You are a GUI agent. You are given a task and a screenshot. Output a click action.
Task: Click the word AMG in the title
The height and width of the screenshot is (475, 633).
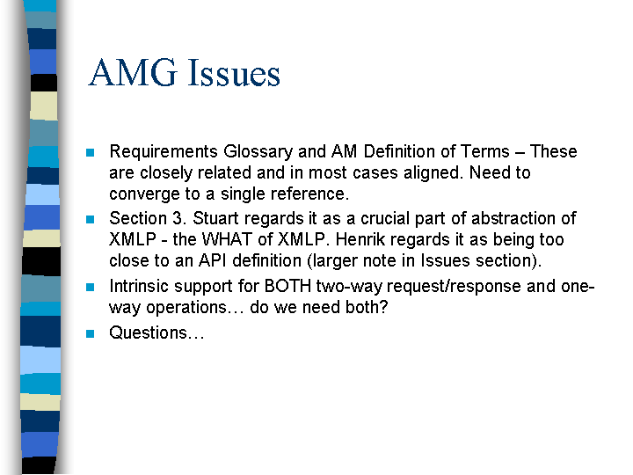(x=133, y=73)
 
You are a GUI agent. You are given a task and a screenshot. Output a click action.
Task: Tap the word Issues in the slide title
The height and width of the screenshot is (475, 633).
(x=234, y=73)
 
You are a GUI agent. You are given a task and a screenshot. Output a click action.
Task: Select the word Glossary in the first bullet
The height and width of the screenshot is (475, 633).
(x=258, y=152)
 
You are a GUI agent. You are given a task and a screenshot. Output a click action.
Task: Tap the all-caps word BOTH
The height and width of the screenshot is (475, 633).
(x=287, y=287)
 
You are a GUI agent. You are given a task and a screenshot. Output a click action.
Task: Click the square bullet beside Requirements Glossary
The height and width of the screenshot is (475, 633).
(x=90, y=153)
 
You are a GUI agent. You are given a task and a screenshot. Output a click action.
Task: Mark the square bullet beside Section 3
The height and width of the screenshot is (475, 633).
(x=90, y=219)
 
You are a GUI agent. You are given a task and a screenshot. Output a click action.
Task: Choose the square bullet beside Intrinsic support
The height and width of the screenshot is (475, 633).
(x=90, y=287)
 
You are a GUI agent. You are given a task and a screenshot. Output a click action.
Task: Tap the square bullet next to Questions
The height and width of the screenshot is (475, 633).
(x=90, y=333)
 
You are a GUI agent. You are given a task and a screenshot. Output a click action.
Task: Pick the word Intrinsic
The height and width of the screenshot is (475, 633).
(x=139, y=287)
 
